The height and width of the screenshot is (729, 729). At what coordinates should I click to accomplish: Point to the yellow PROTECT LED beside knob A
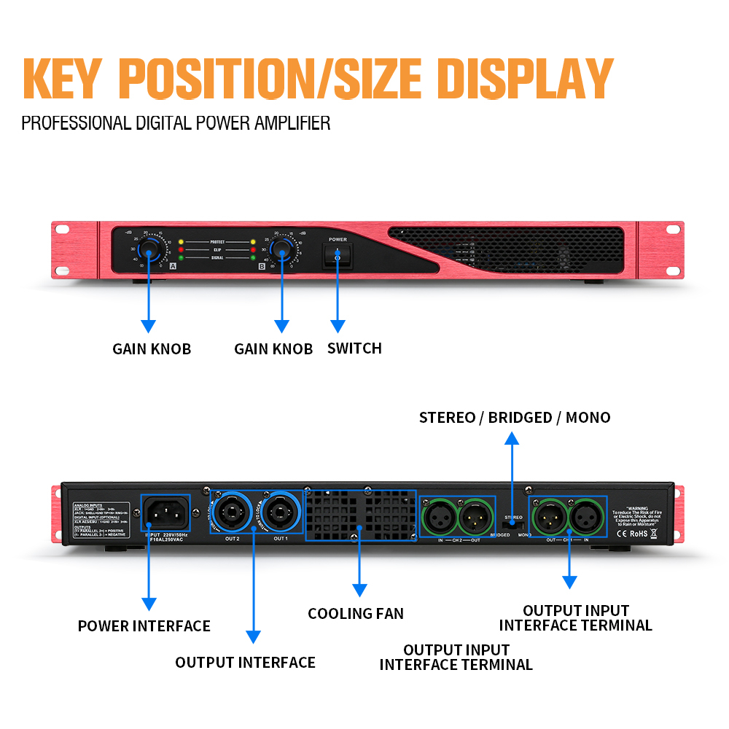coord(181,241)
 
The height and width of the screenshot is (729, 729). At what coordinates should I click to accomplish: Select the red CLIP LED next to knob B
coord(253,249)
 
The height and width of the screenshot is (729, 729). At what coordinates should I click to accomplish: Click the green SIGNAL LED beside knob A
coord(181,257)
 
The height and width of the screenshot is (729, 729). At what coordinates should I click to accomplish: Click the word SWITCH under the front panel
coord(354,348)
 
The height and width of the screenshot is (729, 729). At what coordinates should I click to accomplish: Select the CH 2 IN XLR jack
coord(440,517)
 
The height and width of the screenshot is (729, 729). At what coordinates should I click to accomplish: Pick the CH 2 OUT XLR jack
coord(475,517)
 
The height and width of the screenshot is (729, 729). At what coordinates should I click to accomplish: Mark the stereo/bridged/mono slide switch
coord(512,523)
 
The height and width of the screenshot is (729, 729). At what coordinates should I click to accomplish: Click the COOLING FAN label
coord(356,614)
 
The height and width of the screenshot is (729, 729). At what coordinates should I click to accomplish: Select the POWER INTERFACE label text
coord(144,626)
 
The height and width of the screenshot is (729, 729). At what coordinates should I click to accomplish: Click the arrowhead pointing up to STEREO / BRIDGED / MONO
coord(512,438)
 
